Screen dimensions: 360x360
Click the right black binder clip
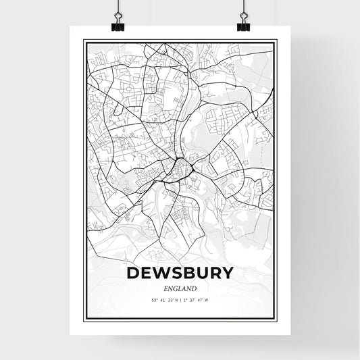[242, 28]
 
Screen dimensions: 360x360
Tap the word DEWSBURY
[180, 273]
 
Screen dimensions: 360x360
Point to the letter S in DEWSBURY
[178, 273]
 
